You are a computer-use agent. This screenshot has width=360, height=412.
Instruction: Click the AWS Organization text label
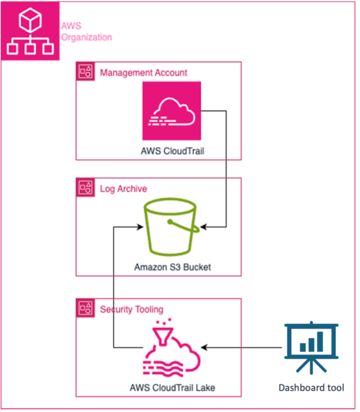[x=87, y=32]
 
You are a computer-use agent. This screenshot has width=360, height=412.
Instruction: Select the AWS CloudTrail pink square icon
[x=171, y=110]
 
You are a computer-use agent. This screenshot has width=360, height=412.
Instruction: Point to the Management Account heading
[x=143, y=73]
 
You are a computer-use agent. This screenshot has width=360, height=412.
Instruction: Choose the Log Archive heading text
[x=123, y=188]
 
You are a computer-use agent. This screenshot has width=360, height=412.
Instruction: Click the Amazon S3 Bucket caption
[x=173, y=267]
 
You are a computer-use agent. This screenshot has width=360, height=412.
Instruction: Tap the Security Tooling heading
[x=131, y=309]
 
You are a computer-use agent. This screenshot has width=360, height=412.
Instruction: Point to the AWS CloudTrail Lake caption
[x=173, y=387]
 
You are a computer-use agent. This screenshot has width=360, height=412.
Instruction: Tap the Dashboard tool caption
[x=311, y=387]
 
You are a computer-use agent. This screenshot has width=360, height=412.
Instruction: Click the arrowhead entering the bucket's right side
[x=203, y=227]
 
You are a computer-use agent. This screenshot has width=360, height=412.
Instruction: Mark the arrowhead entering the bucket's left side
[x=140, y=227]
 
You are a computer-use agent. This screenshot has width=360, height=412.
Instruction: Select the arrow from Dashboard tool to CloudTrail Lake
[x=242, y=348]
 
